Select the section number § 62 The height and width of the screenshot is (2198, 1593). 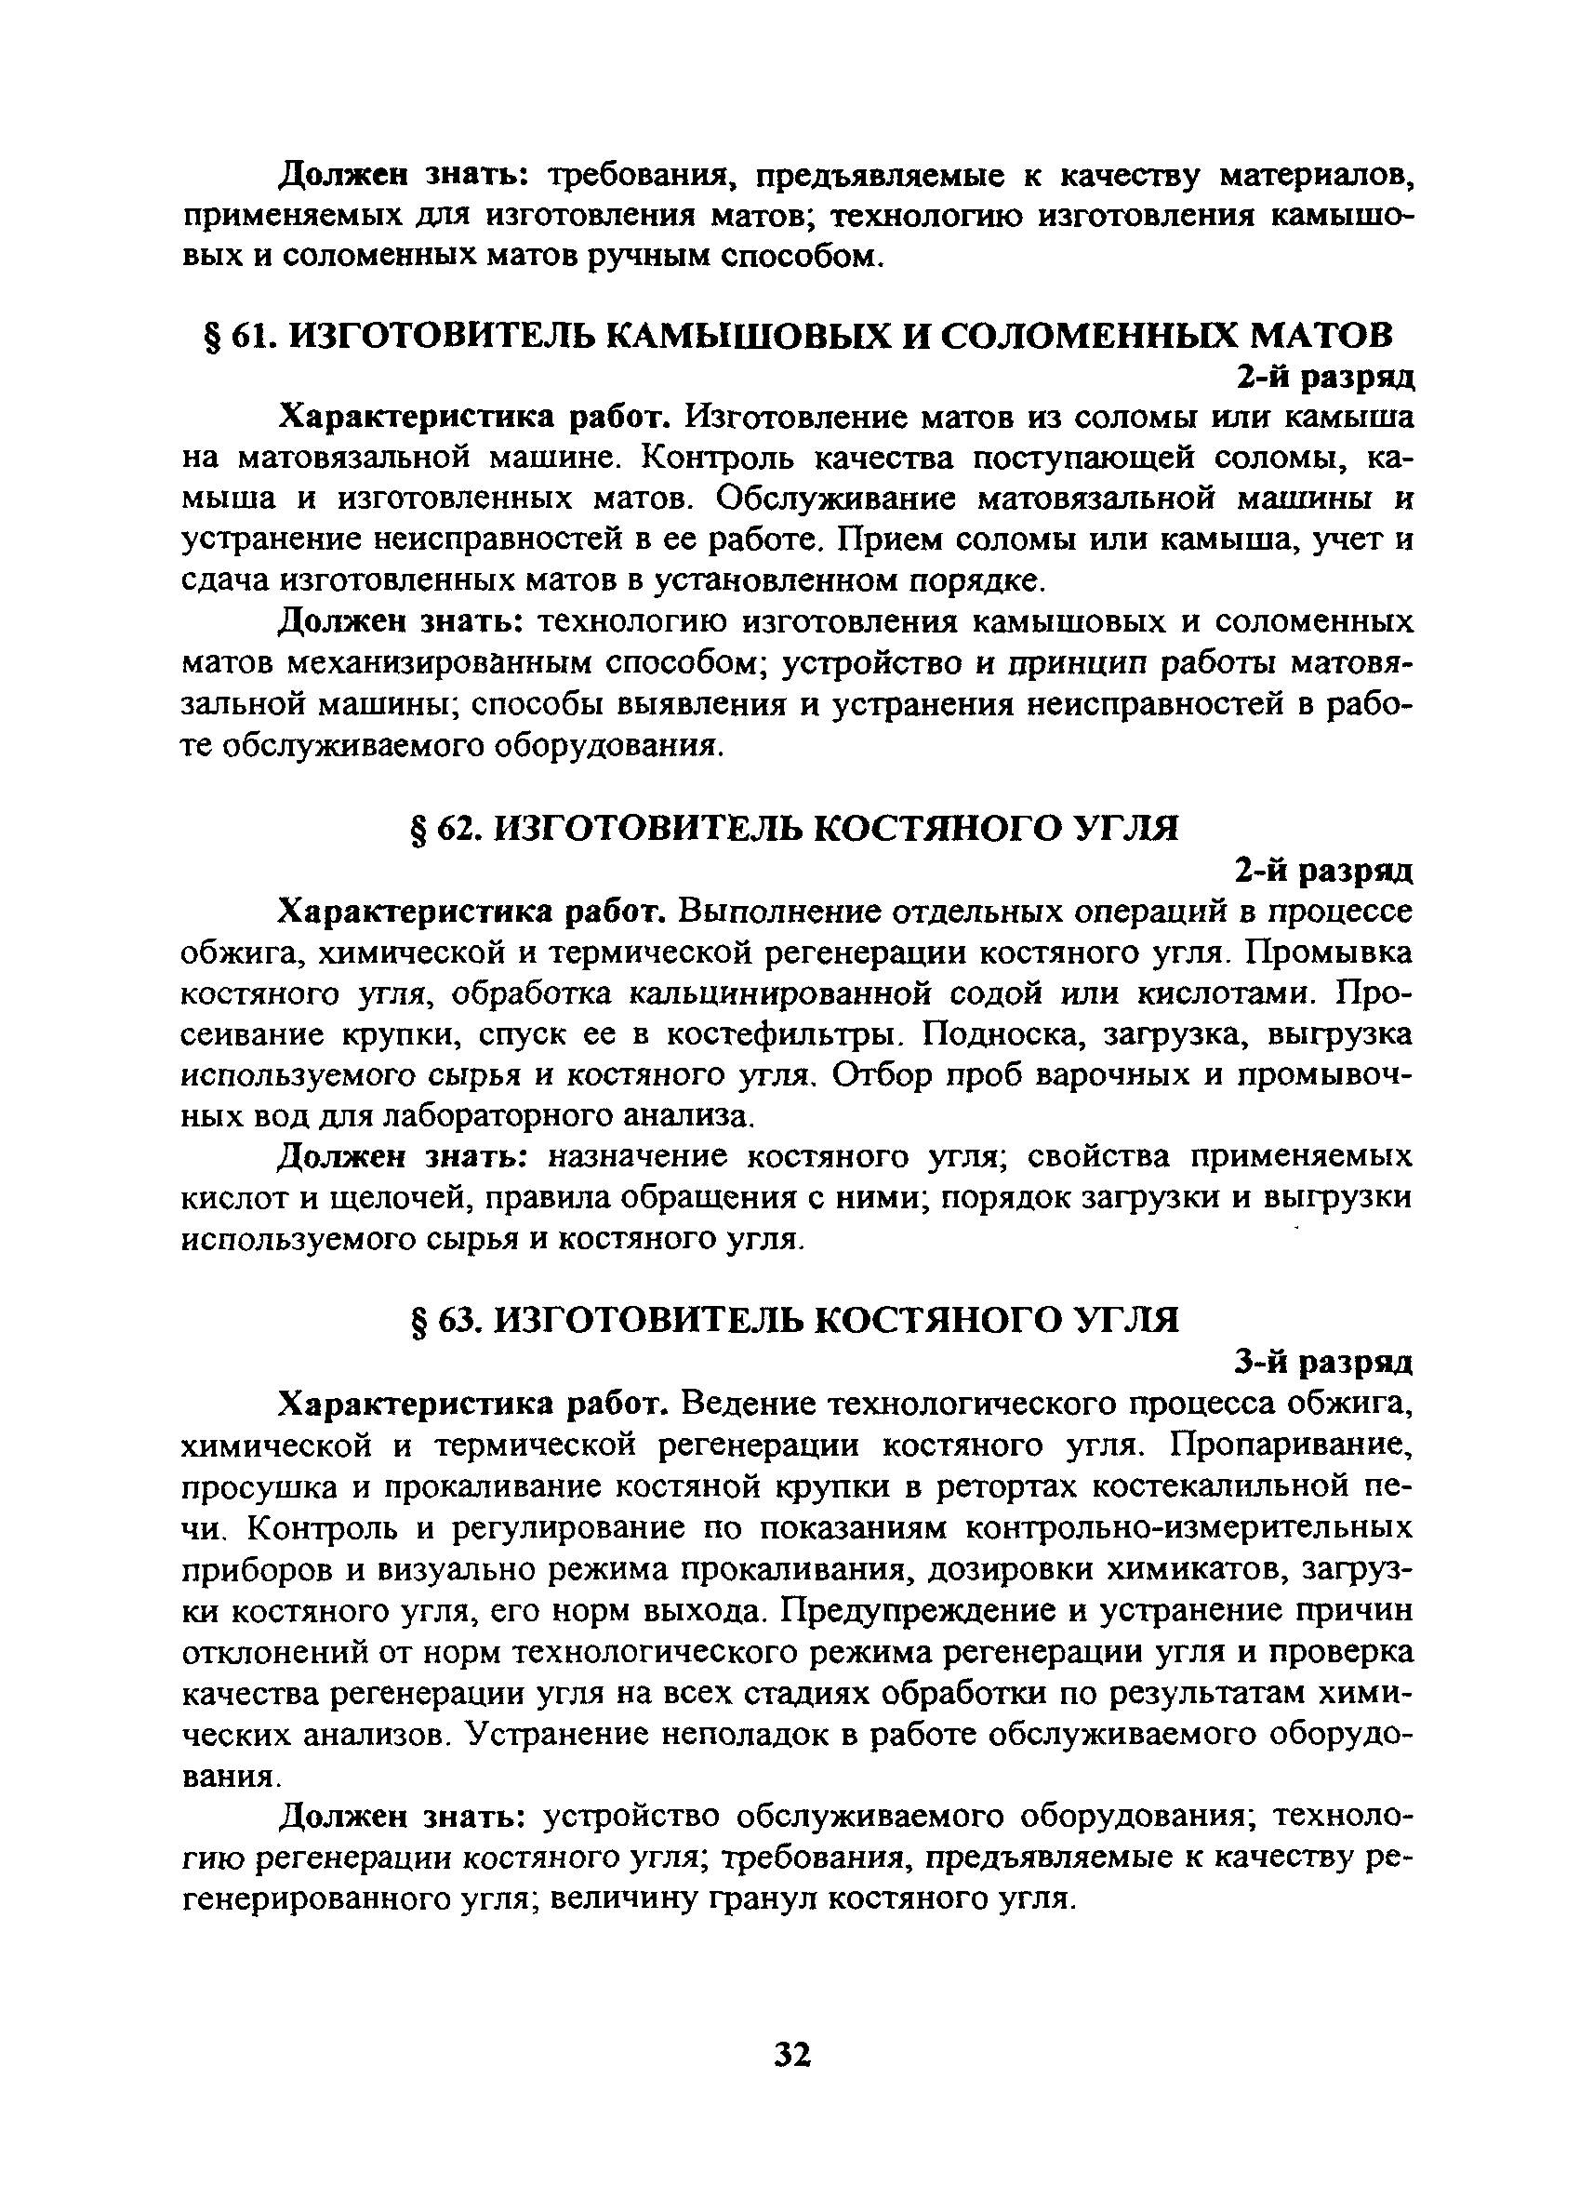[445, 828]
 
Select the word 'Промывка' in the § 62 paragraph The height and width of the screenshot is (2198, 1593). [1329, 952]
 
